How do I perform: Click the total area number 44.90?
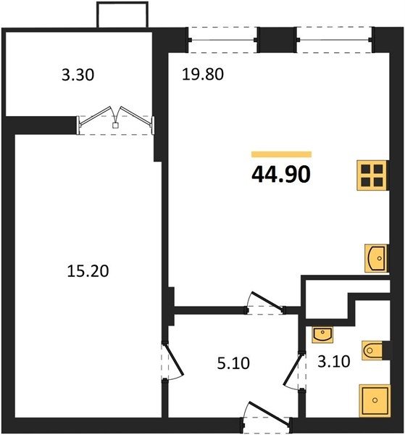[281, 175]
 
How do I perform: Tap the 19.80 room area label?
[203, 75]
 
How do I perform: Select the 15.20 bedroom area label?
[88, 271]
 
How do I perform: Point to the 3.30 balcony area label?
[78, 75]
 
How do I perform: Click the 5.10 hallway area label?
[233, 363]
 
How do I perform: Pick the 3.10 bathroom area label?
[334, 362]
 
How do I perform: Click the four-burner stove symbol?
[372, 175]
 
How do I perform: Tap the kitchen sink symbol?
[375, 258]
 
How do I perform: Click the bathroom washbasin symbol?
[322, 334]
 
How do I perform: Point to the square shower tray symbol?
[375, 400]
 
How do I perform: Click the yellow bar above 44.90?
[281, 154]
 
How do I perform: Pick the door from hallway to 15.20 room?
[172, 362]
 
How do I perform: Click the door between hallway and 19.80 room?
[265, 302]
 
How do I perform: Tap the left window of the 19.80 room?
[222, 40]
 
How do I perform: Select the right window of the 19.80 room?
[334, 40]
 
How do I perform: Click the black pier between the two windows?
[276, 40]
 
